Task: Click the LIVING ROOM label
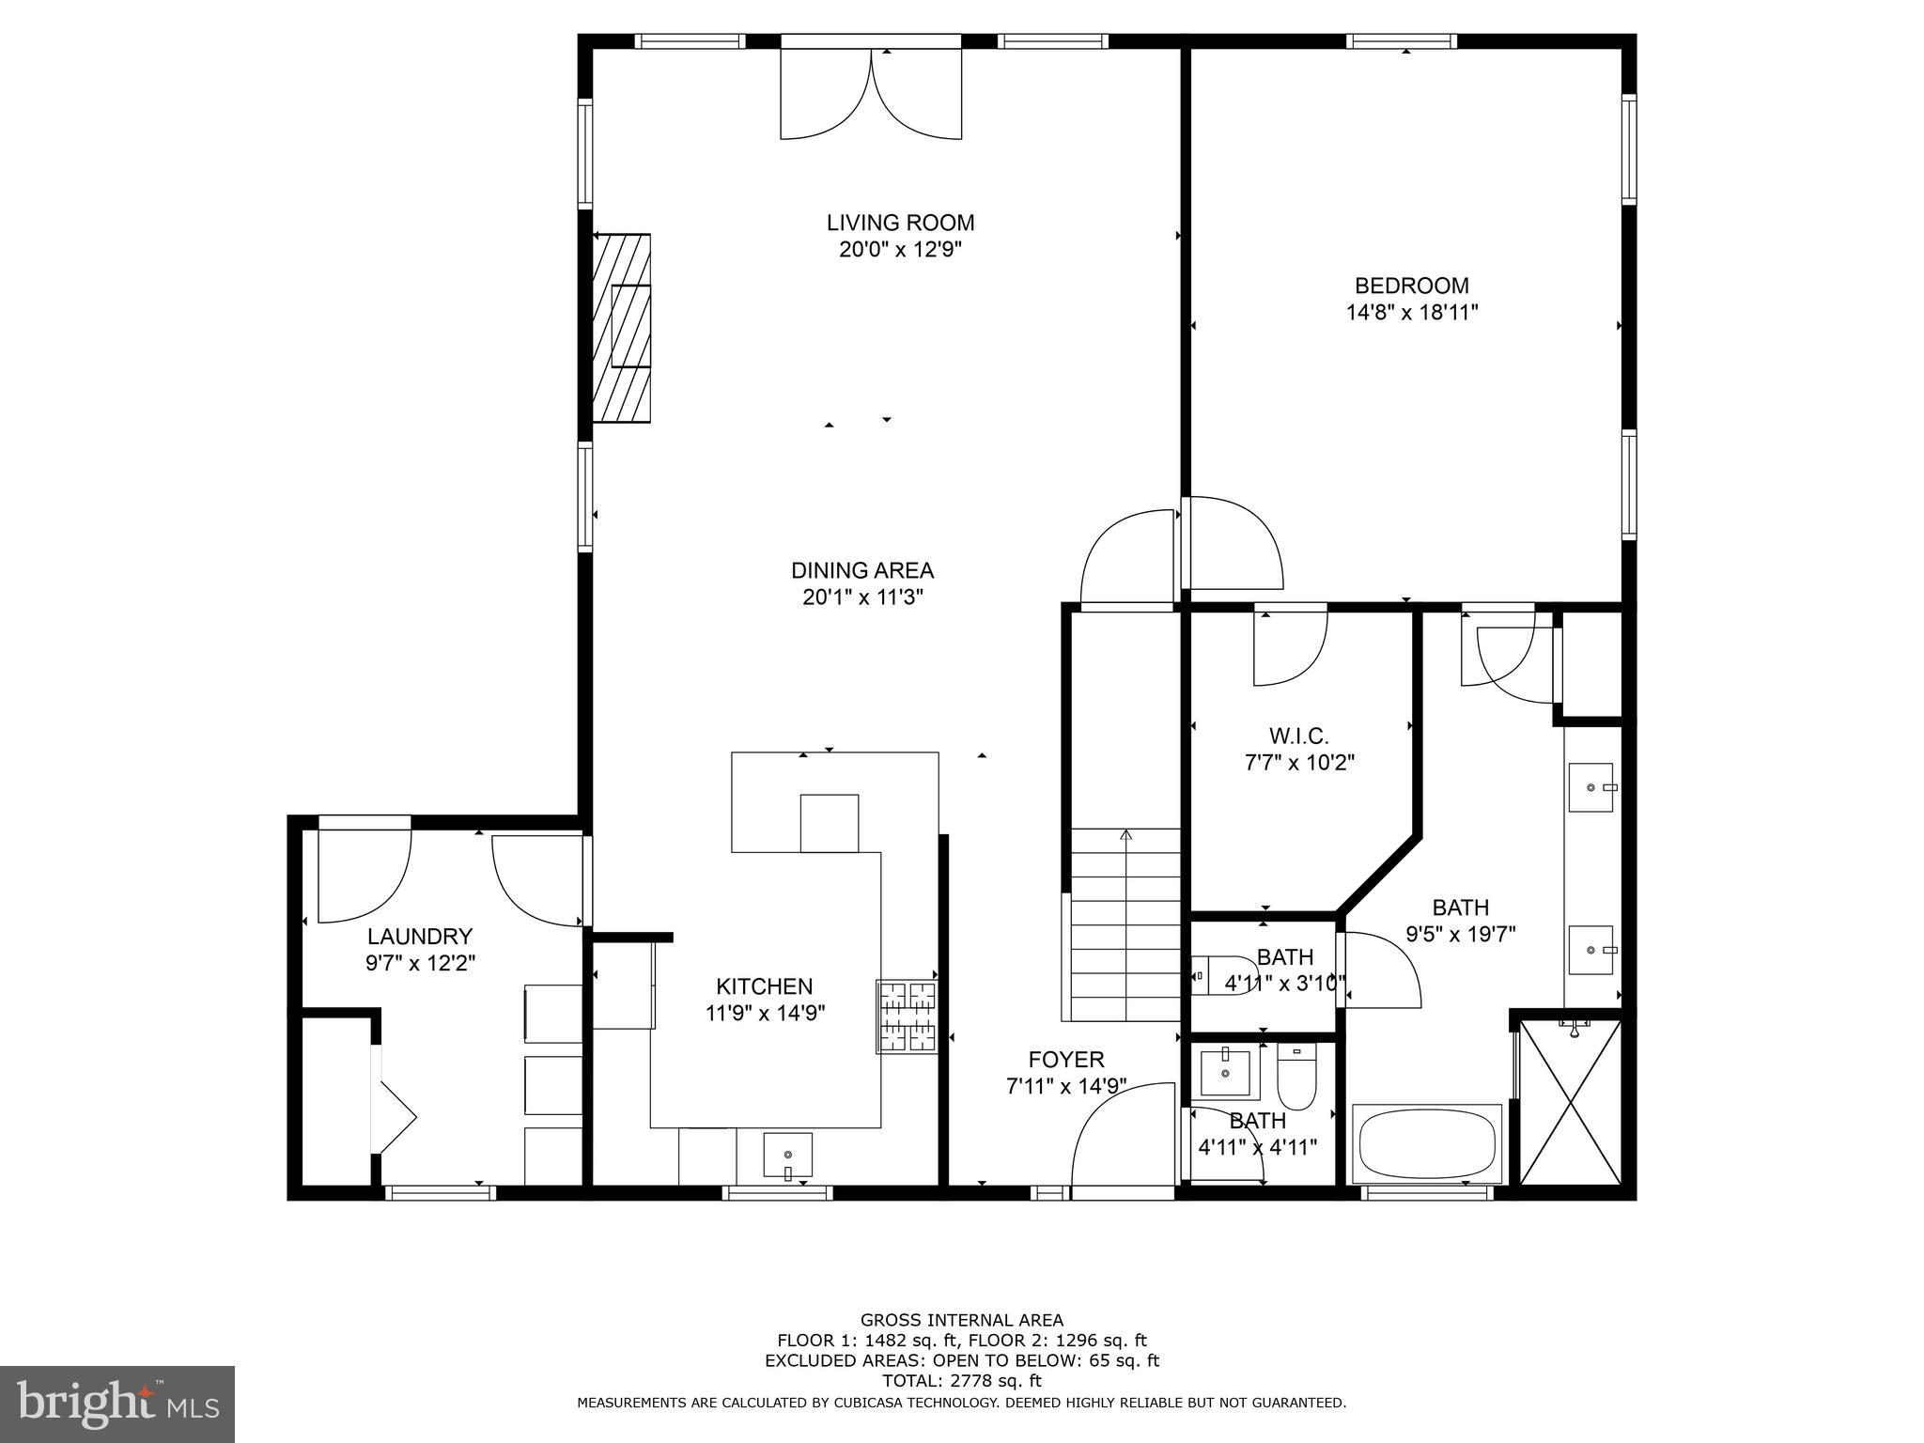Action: point(900,223)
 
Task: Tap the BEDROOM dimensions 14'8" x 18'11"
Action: point(1411,313)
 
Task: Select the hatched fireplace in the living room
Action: point(622,328)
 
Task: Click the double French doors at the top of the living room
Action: point(871,94)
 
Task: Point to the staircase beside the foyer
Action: point(1125,925)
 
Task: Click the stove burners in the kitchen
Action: point(908,1016)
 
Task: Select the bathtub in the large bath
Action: point(1426,1143)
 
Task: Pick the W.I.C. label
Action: point(1298,736)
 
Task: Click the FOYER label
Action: point(1065,1060)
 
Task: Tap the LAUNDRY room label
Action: point(419,937)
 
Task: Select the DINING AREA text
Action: point(861,570)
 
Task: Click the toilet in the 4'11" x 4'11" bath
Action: point(1296,1080)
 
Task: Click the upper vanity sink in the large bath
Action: point(1590,787)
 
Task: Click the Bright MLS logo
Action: point(117,1404)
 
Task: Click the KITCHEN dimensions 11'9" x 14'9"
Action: point(765,1013)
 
